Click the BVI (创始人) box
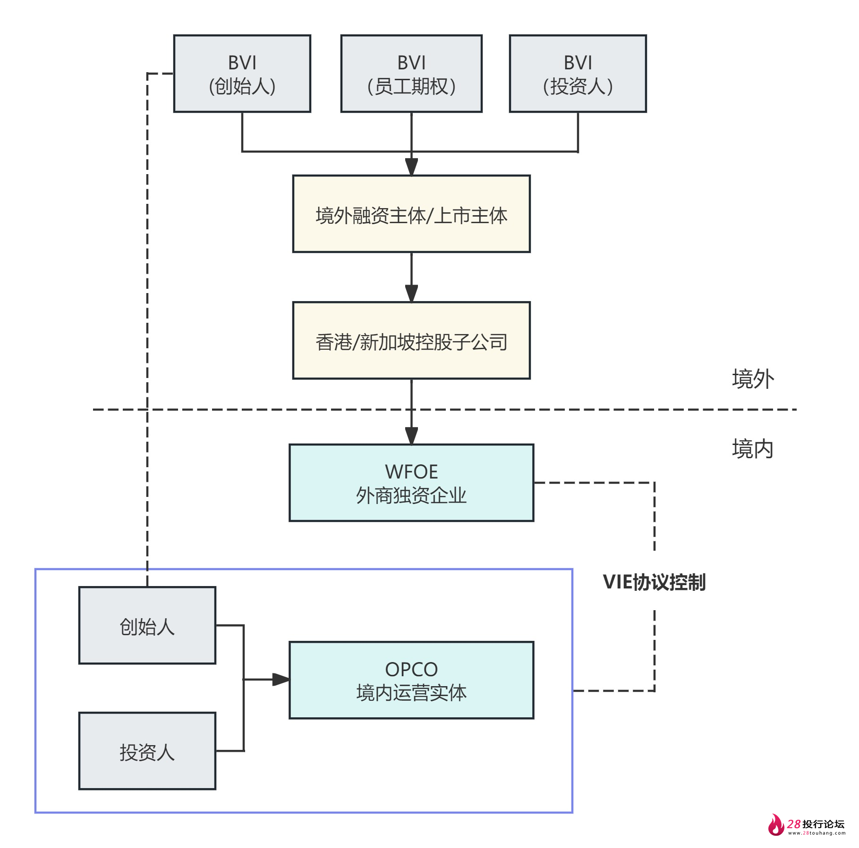point(242,74)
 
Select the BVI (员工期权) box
point(411,74)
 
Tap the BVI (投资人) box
point(578,74)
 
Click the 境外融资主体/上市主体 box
point(411,214)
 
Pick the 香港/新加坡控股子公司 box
point(411,341)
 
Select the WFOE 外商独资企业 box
point(411,483)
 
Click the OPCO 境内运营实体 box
point(411,680)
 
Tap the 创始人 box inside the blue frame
point(147,626)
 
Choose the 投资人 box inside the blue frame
point(147,751)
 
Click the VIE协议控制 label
point(654,582)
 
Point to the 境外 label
point(753,379)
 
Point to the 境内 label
point(753,449)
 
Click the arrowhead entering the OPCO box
point(281,680)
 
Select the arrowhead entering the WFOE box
point(411,436)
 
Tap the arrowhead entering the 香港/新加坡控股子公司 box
point(411,293)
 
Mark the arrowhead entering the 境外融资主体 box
point(411,167)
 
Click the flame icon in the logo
point(775,825)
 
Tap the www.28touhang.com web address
point(816,833)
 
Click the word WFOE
point(411,472)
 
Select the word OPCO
point(411,669)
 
